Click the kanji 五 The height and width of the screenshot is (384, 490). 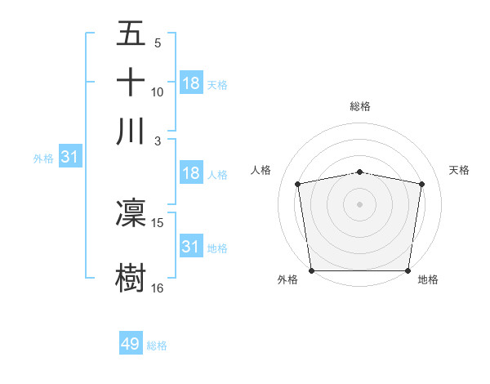point(131,34)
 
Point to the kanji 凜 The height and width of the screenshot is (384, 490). point(131,212)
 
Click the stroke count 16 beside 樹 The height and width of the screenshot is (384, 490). point(158,288)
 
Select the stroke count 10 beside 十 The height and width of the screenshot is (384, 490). point(158,92)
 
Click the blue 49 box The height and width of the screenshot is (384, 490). point(131,344)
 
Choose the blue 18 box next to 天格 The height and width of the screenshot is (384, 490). point(191,83)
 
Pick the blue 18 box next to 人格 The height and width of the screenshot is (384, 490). point(191,173)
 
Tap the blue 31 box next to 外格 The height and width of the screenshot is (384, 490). point(69,157)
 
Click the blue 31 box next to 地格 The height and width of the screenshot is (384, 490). point(191,246)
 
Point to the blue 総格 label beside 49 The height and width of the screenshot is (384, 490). point(157,346)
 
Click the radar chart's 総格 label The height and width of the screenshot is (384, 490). point(360,106)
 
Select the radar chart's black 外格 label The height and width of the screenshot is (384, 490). point(287,280)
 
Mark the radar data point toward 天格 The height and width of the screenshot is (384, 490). point(421,184)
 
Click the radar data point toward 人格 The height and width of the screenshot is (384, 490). point(298,184)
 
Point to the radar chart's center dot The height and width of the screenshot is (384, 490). point(360,203)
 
